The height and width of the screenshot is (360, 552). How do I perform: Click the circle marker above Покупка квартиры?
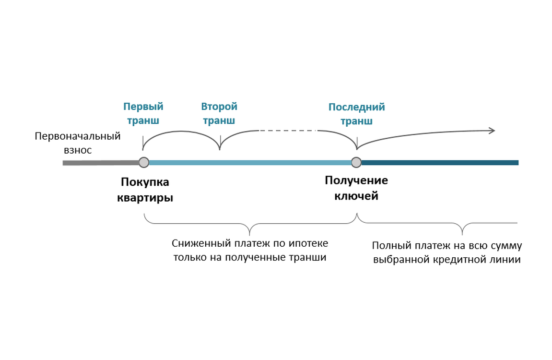point(143,163)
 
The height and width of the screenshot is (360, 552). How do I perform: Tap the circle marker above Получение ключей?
point(356,163)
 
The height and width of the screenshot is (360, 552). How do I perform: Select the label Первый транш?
point(143,113)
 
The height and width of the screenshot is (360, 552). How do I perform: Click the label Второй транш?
point(219,113)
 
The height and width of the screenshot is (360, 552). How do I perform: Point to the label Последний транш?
point(356,114)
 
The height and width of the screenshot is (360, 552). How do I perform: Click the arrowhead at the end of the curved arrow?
point(492,130)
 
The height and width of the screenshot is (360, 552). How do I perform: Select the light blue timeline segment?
point(249,163)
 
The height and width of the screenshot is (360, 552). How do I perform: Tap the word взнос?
point(78,150)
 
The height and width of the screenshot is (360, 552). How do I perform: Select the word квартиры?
point(145,197)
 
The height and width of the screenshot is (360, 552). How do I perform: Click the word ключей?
point(356,196)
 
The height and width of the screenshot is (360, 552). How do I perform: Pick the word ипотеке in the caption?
point(311,243)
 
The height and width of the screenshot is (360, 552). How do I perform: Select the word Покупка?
point(145,183)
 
